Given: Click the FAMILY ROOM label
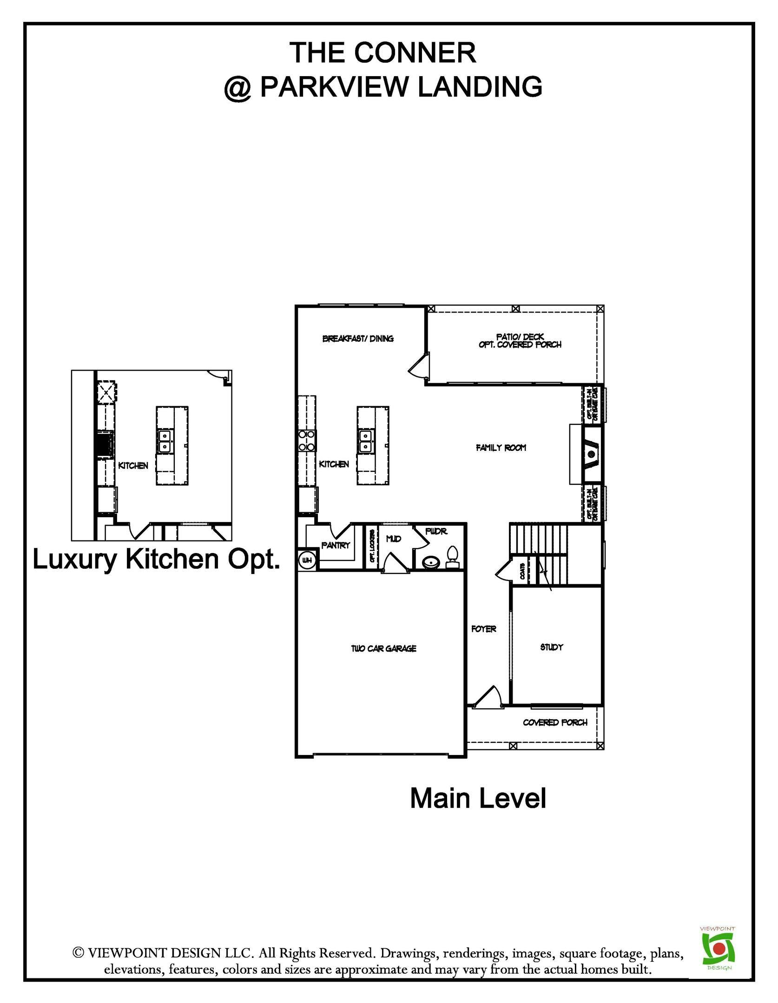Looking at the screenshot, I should pos(501,448).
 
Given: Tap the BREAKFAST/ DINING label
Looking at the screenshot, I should pos(358,339).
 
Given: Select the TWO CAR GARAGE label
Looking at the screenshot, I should pos(383,649).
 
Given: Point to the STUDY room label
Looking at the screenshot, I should pos(552,647).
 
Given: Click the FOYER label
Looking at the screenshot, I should pos(483,629).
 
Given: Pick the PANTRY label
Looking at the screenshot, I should pos(335,545).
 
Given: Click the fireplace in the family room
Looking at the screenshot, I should pos(590,454).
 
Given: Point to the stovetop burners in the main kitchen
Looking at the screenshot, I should pos(307,441).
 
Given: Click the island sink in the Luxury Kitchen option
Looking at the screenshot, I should pos(165,441).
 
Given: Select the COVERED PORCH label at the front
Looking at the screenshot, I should pos(555,723).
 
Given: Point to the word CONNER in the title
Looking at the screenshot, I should pos(415,52).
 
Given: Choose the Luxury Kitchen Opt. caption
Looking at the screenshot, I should pos(156,560).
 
